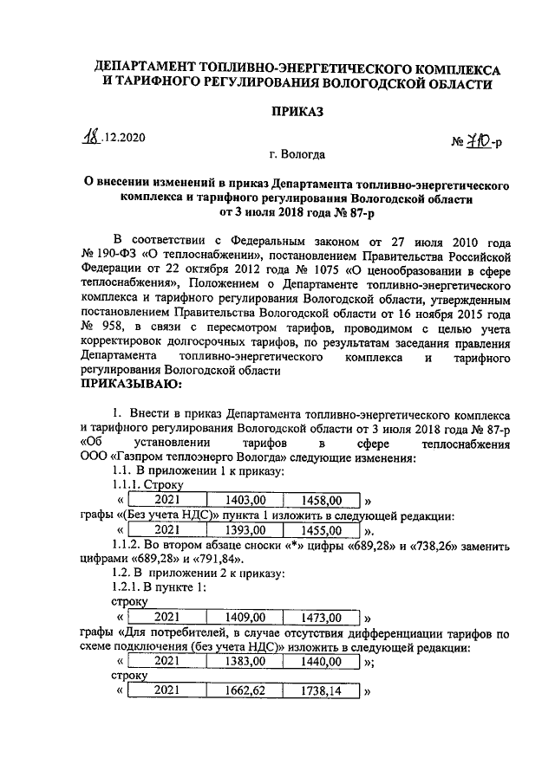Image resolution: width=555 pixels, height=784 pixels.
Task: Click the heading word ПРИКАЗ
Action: click(297, 112)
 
